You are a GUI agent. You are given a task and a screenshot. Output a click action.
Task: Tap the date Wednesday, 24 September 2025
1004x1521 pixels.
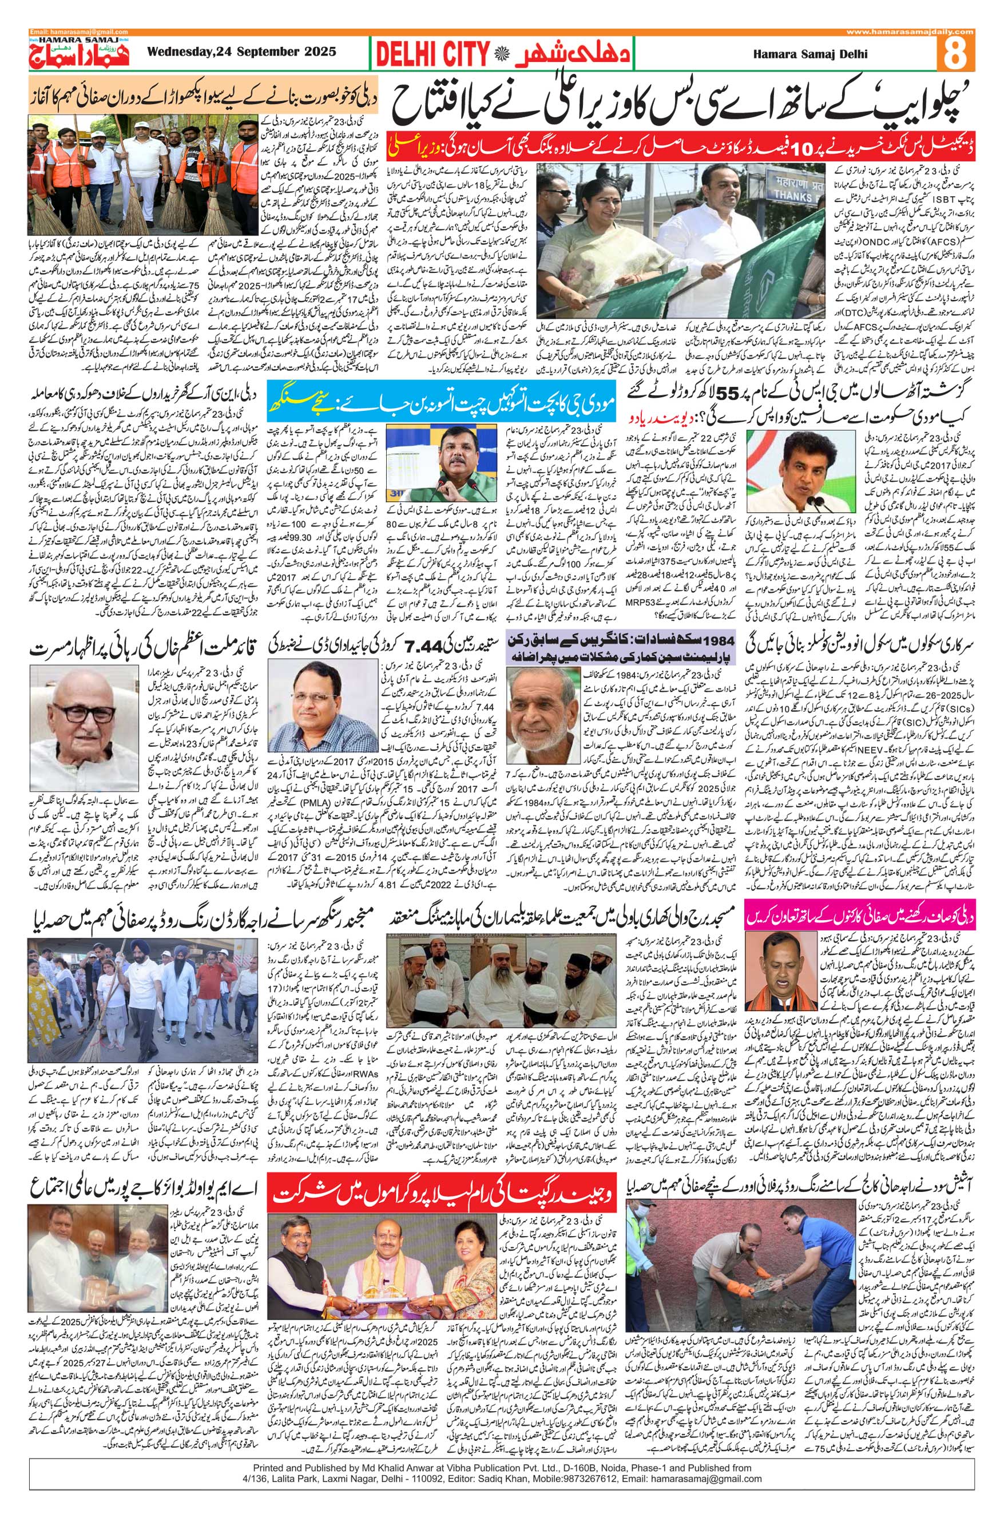(241, 54)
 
